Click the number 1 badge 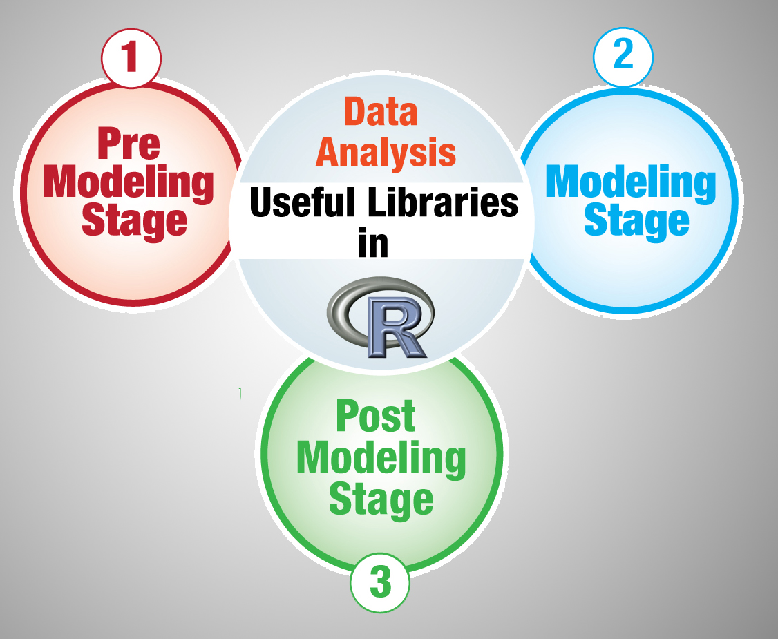[131, 58]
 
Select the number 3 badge [380, 583]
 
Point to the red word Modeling [129, 182]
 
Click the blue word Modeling [631, 182]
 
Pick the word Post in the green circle [376, 416]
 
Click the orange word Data [381, 113]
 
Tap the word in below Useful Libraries [373, 243]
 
